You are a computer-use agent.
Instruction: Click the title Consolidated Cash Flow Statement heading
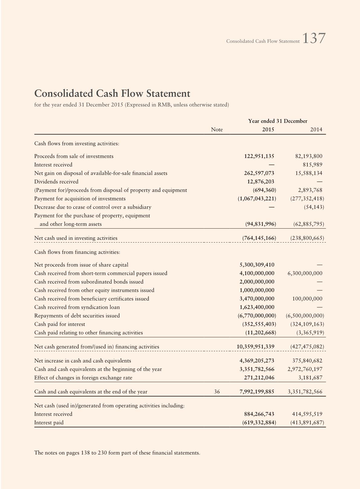(112, 93)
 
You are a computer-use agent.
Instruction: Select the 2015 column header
(268, 130)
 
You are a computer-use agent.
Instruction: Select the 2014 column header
(316, 130)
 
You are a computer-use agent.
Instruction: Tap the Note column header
(217, 130)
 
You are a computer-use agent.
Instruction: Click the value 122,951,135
(259, 156)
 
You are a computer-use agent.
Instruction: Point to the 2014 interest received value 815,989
(313, 165)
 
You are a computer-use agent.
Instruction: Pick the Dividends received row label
(56, 182)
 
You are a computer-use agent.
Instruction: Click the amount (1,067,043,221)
(257, 199)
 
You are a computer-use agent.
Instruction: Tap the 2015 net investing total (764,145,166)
(259, 238)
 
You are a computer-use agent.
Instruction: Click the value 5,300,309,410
(257, 265)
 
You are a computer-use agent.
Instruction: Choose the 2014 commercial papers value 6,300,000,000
(305, 273)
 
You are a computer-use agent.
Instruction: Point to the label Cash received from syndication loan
(77, 307)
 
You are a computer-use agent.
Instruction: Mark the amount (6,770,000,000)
(257, 316)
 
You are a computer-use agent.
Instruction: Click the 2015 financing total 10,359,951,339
(255, 346)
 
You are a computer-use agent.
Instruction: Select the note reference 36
(217, 392)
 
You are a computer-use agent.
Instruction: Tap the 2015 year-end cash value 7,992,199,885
(257, 392)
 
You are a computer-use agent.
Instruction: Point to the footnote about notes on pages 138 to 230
(117, 453)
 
